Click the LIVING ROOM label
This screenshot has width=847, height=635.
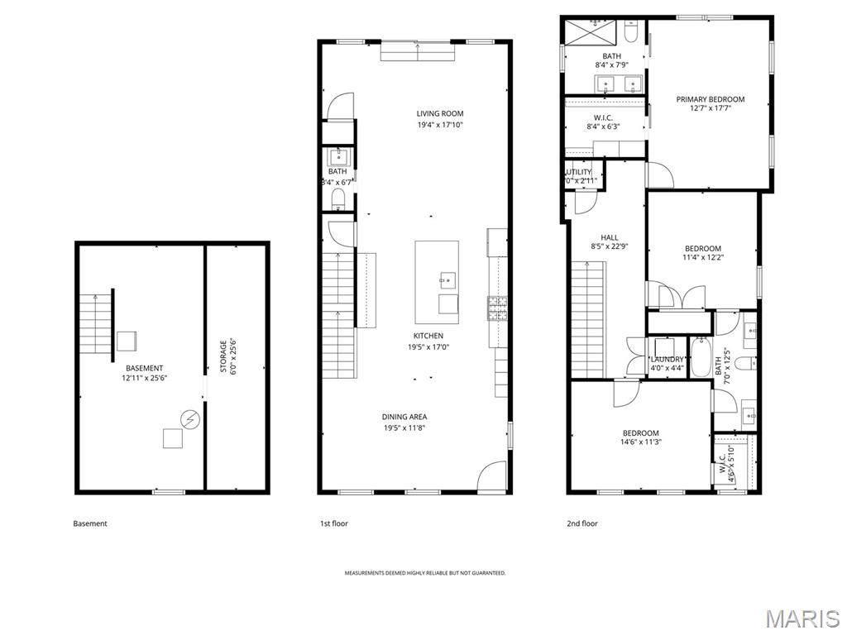(x=439, y=113)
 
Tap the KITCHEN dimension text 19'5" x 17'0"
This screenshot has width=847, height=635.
(x=428, y=347)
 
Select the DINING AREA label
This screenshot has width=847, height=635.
(x=404, y=417)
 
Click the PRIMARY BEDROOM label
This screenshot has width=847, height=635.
(x=710, y=99)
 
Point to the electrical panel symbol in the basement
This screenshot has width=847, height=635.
(x=190, y=421)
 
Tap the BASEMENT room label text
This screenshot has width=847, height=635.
(x=144, y=368)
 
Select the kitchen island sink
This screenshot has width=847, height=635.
(x=447, y=279)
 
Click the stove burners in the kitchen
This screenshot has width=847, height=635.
(x=498, y=308)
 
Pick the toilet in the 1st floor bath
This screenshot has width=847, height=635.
(x=337, y=198)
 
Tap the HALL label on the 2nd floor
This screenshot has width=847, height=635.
(x=609, y=237)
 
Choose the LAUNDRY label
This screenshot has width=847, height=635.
(x=667, y=359)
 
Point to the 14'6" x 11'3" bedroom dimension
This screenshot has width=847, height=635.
(x=640, y=442)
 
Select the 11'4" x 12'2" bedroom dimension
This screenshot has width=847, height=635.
(x=702, y=257)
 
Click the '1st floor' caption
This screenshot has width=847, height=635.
(x=334, y=523)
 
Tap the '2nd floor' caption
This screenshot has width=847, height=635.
(x=582, y=523)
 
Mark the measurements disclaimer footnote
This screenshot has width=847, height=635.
(x=424, y=573)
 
